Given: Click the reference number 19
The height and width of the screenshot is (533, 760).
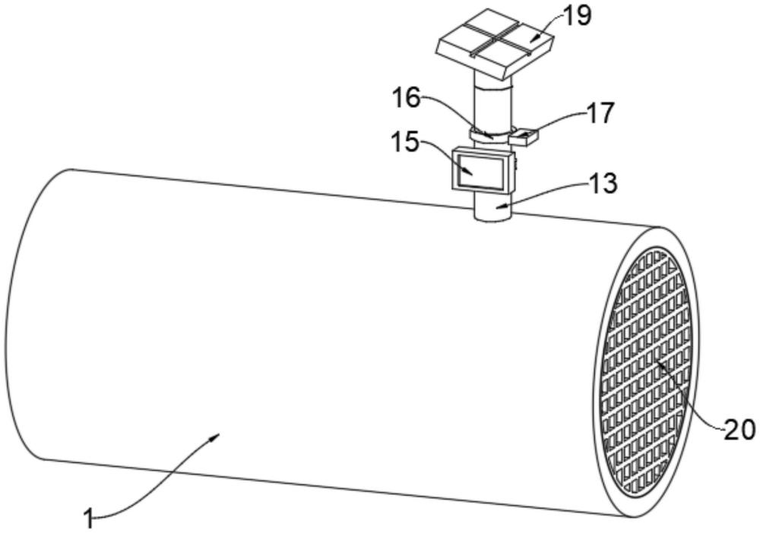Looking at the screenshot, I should point(578,15).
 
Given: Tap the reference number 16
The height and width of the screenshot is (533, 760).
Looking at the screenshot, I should point(406,98).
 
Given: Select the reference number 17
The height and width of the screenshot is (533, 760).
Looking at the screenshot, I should point(600,113).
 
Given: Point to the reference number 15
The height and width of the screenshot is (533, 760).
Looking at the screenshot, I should point(404,141).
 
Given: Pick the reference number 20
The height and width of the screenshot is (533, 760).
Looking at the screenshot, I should point(739,430).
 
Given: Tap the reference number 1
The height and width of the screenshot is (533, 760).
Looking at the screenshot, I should point(89,519).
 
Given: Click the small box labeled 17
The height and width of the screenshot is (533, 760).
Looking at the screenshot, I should point(524,137).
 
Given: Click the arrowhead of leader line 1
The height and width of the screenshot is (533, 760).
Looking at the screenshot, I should point(218,436).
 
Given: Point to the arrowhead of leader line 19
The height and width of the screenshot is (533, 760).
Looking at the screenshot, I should point(533,39).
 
